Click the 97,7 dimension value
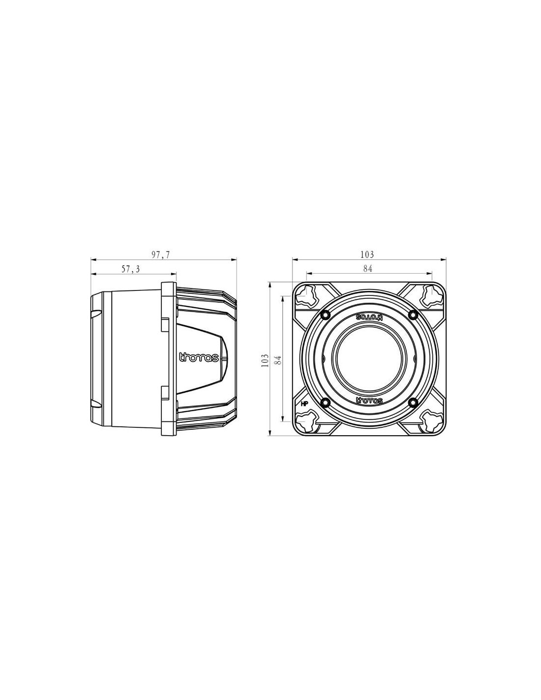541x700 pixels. tap(161, 255)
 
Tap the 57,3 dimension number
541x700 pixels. tap(131, 269)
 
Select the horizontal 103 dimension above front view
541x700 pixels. tap(367, 255)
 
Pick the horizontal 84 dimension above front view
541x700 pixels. tap(367, 269)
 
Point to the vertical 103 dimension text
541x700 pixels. tap(265, 360)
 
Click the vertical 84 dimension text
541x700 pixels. tap(279, 360)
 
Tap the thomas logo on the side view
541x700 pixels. tap(199, 357)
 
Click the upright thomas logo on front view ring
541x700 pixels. tap(369, 400)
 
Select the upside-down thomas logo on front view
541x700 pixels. tap(369, 317)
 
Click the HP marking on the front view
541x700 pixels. tap(304, 404)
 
